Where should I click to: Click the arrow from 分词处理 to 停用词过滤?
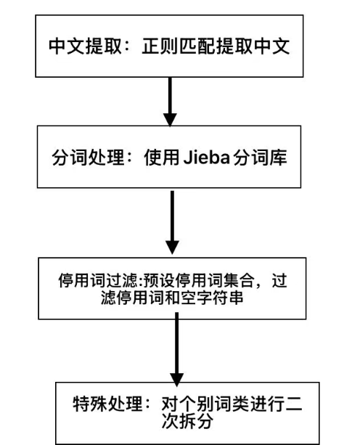point(171,221)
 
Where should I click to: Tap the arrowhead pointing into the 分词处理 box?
point(171,118)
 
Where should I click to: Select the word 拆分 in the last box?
point(200,420)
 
